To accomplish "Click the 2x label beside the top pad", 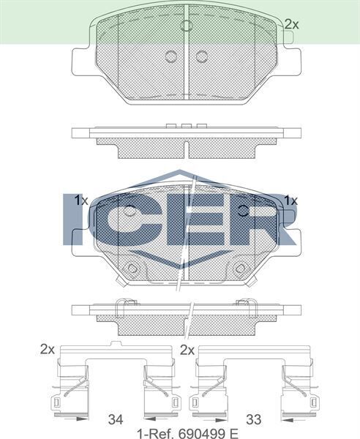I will (x=292, y=24).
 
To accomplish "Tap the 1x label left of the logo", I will (x=80, y=200).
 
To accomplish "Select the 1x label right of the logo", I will (x=291, y=200).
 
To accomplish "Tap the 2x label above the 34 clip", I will (x=48, y=350).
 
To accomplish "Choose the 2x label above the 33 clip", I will (x=187, y=350).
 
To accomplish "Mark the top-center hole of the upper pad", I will (x=186, y=26).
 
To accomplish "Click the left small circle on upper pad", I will (x=171, y=56).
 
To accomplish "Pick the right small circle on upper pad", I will (x=200, y=56).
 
